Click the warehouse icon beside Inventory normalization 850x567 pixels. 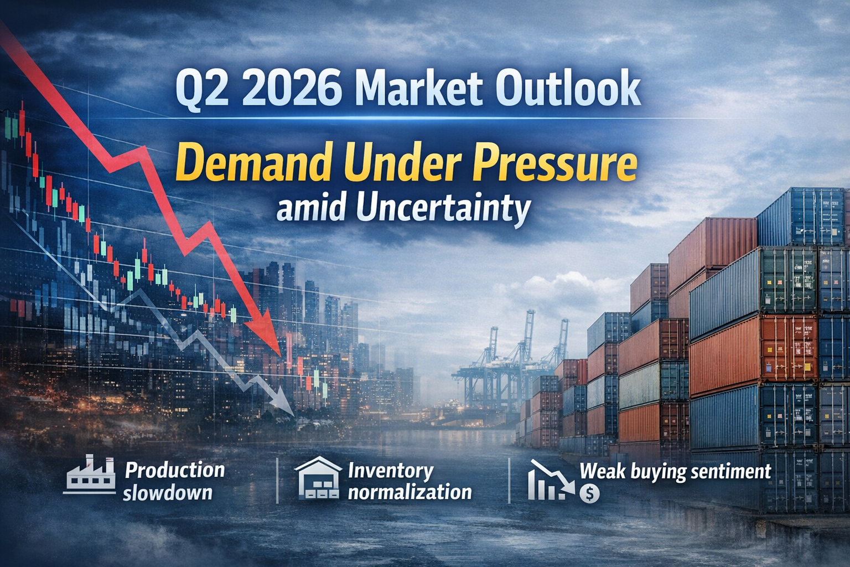click(x=318, y=478)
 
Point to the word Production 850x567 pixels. click(x=175, y=471)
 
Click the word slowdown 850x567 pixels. click(x=168, y=492)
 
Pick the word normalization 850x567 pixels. click(x=410, y=492)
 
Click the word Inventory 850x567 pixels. click(x=391, y=471)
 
